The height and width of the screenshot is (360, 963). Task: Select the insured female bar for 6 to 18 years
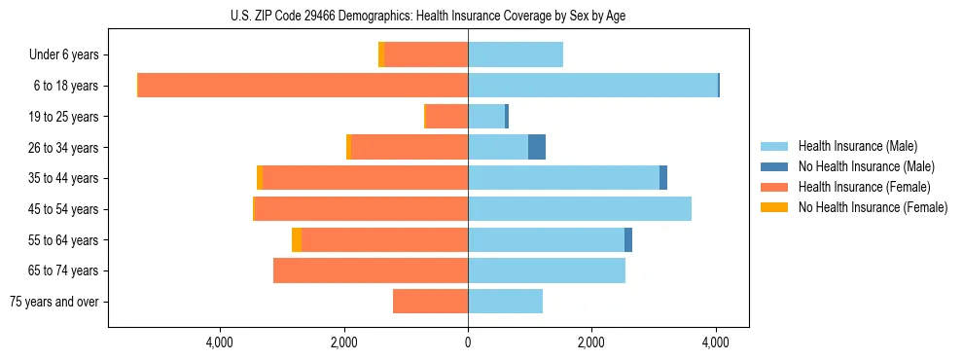(303, 86)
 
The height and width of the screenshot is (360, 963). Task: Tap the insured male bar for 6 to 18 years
(592, 86)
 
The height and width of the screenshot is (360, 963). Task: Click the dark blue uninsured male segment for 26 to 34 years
(537, 147)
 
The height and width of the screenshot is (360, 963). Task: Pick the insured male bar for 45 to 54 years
(580, 208)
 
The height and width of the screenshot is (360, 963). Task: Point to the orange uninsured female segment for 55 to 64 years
(297, 239)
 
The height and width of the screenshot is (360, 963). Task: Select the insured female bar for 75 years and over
(430, 302)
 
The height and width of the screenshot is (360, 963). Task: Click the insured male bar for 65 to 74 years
(547, 270)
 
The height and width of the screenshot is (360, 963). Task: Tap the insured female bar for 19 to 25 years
(447, 117)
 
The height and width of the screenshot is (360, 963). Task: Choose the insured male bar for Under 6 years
(516, 54)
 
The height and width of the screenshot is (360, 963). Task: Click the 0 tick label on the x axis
(468, 342)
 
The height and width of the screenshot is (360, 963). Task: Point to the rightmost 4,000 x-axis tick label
(716, 342)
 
